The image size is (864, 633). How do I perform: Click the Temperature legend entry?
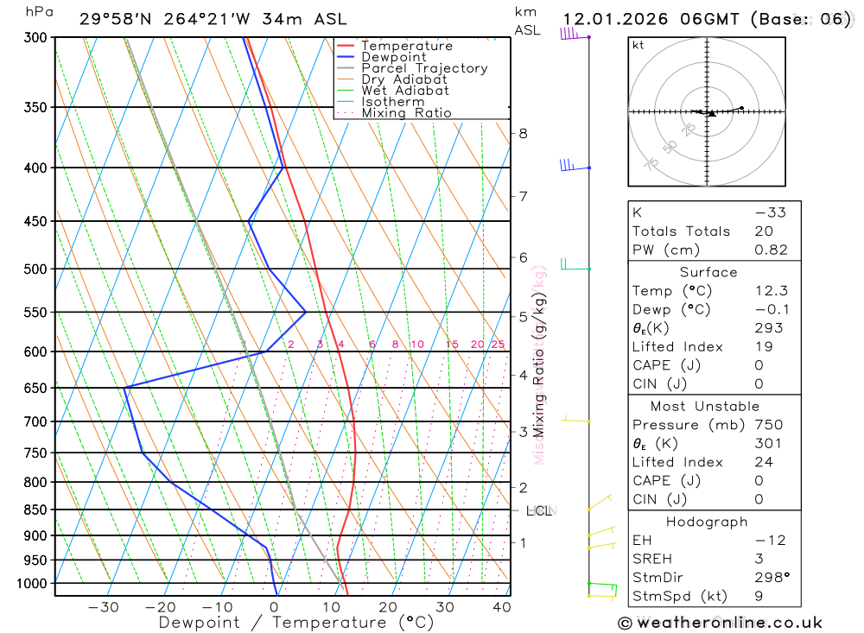(x=406, y=46)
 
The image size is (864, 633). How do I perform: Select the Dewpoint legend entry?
(x=394, y=57)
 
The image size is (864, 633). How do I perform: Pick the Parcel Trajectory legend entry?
(x=424, y=68)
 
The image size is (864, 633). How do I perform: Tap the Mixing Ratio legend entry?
(x=406, y=112)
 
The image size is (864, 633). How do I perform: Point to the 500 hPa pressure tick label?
(x=35, y=269)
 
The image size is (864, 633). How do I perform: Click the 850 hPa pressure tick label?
(x=35, y=510)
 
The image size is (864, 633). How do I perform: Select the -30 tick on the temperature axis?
(x=103, y=607)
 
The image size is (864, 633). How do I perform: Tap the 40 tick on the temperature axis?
(x=501, y=607)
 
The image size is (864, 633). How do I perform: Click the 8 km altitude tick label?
(x=524, y=133)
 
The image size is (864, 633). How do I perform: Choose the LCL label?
(x=538, y=511)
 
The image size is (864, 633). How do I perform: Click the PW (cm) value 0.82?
(x=772, y=250)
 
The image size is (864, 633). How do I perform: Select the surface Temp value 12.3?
(x=772, y=291)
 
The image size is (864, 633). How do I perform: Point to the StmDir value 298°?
(x=772, y=578)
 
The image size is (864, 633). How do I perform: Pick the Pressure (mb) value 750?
(x=769, y=425)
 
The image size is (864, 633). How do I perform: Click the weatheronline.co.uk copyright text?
(x=720, y=623)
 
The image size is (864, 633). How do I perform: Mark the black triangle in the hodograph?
(x=711, y=113)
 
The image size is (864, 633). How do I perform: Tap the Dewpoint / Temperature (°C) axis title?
(x=296, y=623)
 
